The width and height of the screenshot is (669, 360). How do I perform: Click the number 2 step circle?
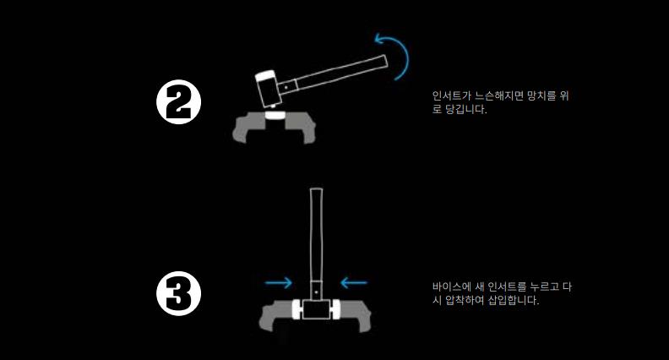click(178, 102)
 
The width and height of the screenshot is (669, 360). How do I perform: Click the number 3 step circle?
click(178, 293)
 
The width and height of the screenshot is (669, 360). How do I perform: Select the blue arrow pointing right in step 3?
click(278, 282)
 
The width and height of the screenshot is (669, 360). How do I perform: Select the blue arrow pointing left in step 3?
click(354, 282)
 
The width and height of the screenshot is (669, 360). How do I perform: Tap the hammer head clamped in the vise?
click(316, 309)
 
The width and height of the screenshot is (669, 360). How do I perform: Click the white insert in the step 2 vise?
click(275, 115)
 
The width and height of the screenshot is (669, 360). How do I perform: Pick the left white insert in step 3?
click(296, 309)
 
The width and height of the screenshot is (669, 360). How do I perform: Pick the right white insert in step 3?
click(335, 309)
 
